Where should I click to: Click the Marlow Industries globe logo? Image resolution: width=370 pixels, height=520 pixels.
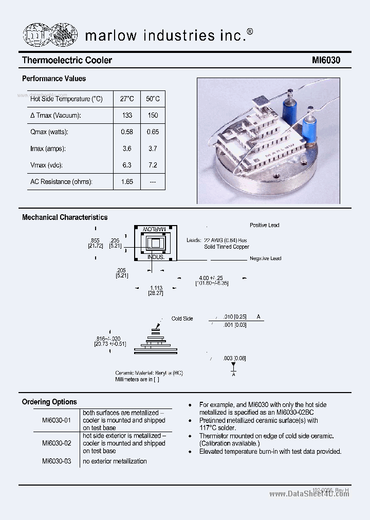[50, 34]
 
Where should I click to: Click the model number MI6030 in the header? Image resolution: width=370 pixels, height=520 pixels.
[326, 61]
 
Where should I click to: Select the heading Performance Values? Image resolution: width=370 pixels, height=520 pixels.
[54, 79]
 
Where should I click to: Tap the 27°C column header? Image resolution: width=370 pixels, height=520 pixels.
[127, 99]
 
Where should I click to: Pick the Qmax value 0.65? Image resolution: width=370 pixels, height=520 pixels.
[153, 132]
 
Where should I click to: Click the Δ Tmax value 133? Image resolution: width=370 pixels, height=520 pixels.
[127, 116]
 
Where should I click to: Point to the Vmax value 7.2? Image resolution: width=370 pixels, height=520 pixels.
[153, 165]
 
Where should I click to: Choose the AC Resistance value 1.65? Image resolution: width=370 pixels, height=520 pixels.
[127, 182]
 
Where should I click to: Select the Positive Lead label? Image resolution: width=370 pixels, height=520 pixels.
[264, 226]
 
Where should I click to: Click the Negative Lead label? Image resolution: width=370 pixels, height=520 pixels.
[265, 258]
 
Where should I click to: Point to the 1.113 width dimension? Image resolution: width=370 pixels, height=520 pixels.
[156, 288]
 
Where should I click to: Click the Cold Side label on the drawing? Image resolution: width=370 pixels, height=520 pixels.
[182, 319]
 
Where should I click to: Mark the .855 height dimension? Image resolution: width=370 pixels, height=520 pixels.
[95, 240]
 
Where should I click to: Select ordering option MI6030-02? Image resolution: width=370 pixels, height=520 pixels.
[57, 443]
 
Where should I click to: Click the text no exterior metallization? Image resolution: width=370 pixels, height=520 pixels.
[115, 461]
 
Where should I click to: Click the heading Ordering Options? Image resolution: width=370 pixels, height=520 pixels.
[49, 402]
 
